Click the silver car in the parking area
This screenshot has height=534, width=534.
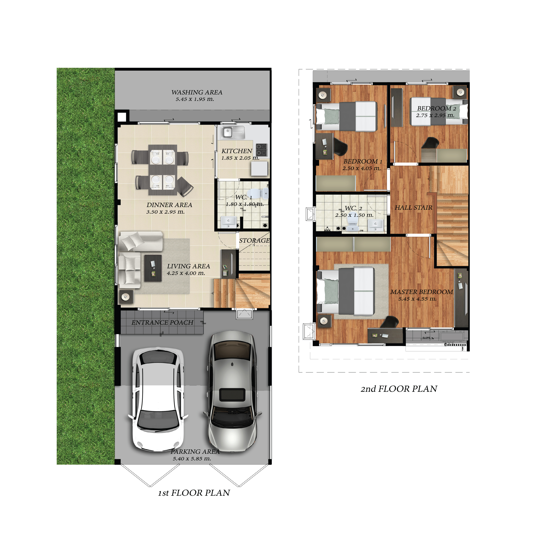[x=232, y=391]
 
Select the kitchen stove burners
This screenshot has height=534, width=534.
[x=261, y=150]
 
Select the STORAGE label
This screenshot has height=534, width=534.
[x=254, y=240]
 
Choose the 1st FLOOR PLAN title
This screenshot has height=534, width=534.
[x=194, y=493]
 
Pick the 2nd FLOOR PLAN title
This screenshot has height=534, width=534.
[x=399, y=389]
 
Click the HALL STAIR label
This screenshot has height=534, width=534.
[x=414, y=208]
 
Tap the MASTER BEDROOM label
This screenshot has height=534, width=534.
[x=422, y=292]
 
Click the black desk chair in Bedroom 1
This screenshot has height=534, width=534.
[x=340, y=147]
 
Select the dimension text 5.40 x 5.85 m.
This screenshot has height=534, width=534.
[x=192, y=459]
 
